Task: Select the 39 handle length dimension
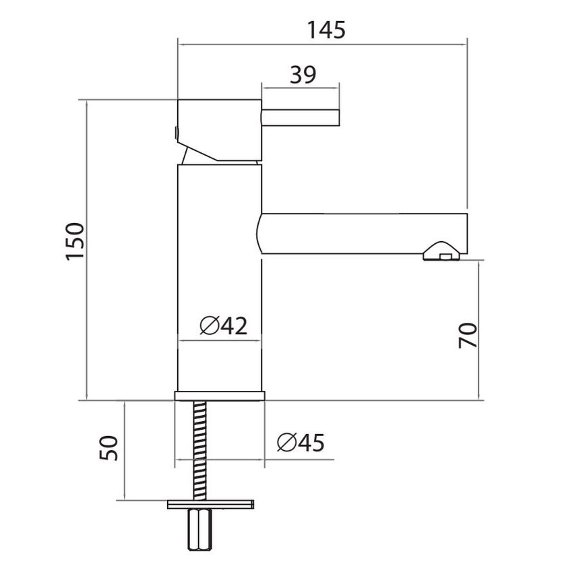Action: [x=303, y=74]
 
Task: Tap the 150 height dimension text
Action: [x=75, y=241]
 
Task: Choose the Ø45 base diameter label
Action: [x=301, y=443]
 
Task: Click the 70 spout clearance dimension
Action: [x=467, y=335]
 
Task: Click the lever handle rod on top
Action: [x=301, y=117]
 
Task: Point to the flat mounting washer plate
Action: [x=210, y=504]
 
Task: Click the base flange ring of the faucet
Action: [x=220, y=396]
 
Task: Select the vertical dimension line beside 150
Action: [x=88, y=249]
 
